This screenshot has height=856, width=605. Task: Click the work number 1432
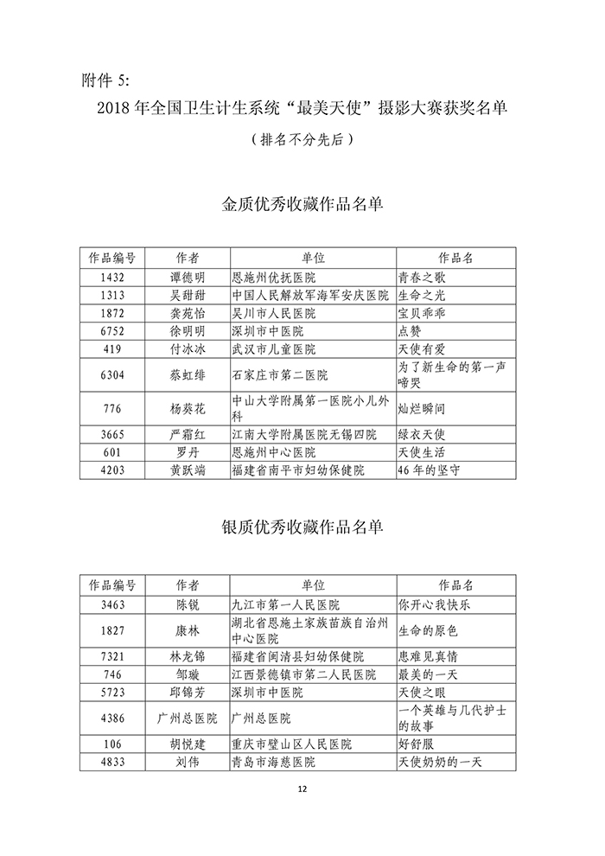tap(112, 278)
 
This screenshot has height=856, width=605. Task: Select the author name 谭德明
tap(188, 278)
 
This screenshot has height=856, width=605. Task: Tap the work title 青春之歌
tap(422, 278)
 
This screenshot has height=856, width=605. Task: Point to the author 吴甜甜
tap(188, 296)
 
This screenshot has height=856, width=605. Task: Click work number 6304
tap(112, 375)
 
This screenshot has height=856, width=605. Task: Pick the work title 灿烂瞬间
tap(422, 409)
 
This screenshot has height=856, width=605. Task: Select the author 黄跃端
tap(188, 470)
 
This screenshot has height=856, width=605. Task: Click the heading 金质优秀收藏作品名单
tap(302, 205)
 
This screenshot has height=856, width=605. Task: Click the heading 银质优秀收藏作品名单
tap(302, 527)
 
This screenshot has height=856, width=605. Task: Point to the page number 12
tap(302, 789)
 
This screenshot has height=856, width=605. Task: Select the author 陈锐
tap(188, 604)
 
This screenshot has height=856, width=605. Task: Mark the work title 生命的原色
tap(427, 630)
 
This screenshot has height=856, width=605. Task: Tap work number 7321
tap(112, 657)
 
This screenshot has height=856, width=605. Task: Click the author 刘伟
tap(188, 762)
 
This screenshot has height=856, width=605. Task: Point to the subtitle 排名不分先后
tap(302, 138)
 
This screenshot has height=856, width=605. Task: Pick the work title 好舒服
tap(416, 744)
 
